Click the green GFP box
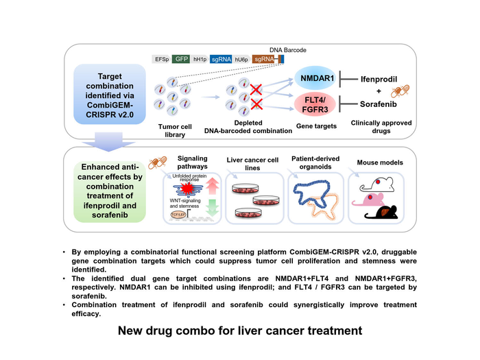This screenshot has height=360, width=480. click(181, 60)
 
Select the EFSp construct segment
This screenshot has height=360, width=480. click(161, 60)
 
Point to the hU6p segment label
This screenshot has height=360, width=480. click(242, 60)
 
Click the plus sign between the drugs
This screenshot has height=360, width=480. click(379, 93)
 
